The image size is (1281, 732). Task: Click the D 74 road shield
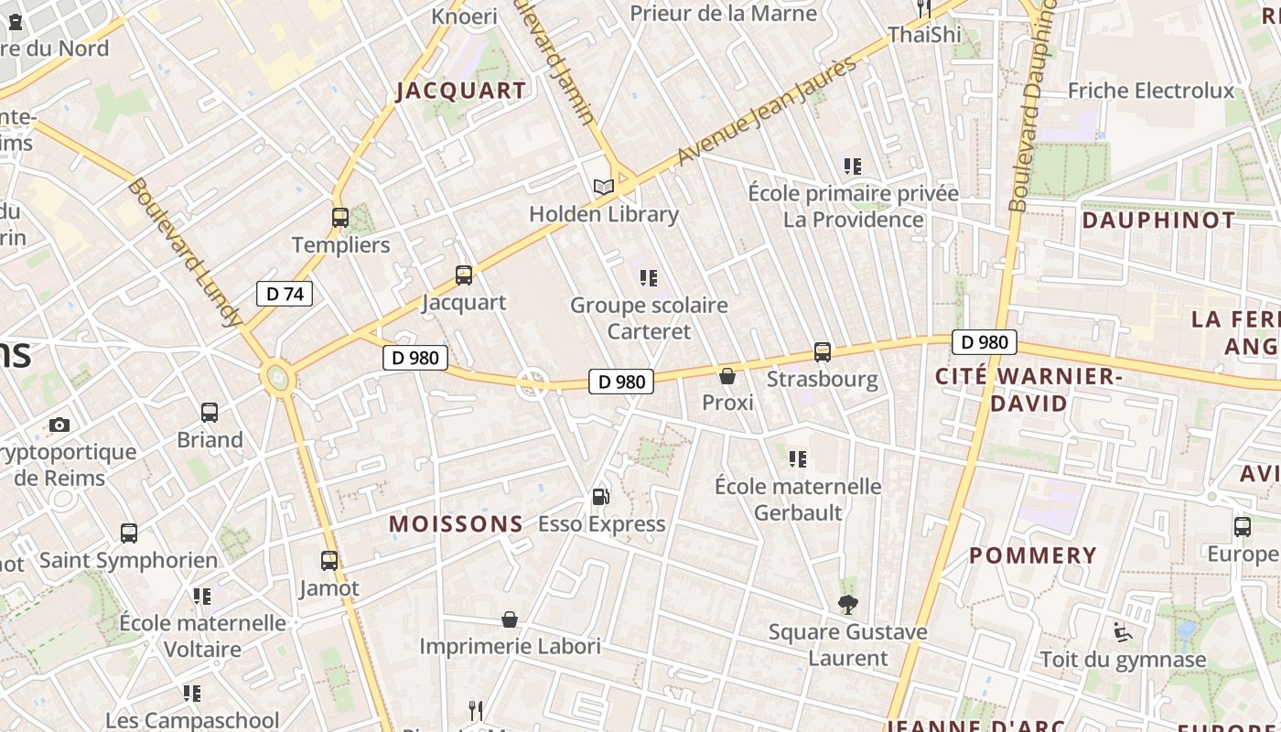[x=285, y=294]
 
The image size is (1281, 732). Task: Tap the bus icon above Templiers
[x=340, y=218]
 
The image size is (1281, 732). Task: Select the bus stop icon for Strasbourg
[x=823, y=352]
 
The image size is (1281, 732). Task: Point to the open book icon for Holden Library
[x=603, y=188]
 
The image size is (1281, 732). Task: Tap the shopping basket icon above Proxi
[x=727, y=376]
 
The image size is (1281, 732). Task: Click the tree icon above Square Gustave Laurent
[x=848, y=605]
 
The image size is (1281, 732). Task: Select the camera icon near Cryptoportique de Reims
[x=59, y=425]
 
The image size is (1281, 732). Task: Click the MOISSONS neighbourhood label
[x=457, y=524]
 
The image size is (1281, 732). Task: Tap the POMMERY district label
[x=1033, y=555]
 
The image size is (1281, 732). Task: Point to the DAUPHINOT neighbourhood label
[x=1158, y=221]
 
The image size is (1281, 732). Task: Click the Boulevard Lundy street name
[x=185, y=253]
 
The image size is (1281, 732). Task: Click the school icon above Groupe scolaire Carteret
[x=649, y=277]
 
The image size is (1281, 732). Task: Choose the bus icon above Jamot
[x=329, y=561]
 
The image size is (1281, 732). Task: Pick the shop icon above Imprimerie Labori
[x=510, y=620]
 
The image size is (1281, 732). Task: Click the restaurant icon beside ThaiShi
[x=924, y=8]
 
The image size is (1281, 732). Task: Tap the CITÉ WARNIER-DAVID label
[x=1027, y=390]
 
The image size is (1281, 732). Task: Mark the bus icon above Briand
[x=210, y=413]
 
